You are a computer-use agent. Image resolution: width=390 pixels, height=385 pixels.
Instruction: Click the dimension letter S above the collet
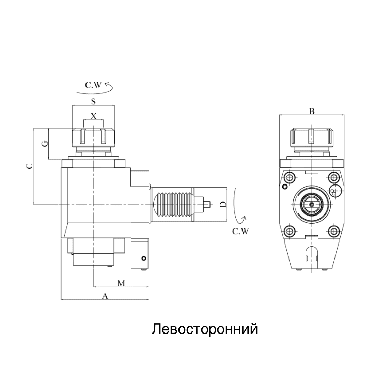pos(93,101)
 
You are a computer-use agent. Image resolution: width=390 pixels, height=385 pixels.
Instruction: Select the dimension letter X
pos(94,116)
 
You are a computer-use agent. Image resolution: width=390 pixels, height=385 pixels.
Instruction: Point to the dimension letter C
pos(30,166)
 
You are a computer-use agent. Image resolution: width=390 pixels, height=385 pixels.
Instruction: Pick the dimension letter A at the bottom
pos(105,296)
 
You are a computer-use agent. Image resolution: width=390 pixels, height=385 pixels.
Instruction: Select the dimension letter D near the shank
pos(223,204)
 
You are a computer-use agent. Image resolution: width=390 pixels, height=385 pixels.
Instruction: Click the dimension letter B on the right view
pos(311,111)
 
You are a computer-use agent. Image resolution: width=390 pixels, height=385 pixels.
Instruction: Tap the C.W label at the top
pos(93,86)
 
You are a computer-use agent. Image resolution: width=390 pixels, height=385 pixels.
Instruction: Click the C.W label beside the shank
pos(240,232)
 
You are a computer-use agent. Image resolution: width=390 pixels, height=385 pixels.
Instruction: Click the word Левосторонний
pos(204,329)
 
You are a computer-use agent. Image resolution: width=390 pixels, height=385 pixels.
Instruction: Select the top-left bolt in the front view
pos(289,177)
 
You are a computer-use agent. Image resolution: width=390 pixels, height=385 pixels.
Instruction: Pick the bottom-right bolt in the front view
pos(333,231)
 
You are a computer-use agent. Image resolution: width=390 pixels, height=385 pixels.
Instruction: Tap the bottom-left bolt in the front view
pos(289,231)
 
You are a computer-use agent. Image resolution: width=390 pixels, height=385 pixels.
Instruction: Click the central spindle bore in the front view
pos(312,204)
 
